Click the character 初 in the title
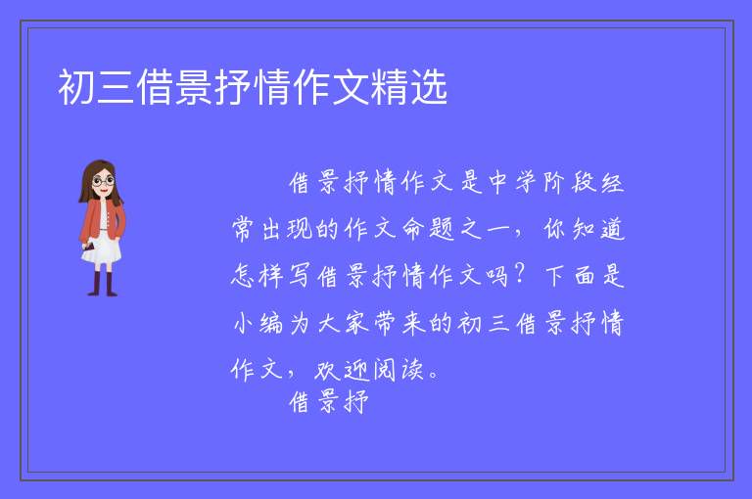pyautogui.click(x=76, y=87)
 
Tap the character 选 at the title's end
pyautogui.click(x=429, y=87)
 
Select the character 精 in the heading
pyautogui.click(x=390, y=87)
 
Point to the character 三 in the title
pyautogui.click(x=117, y=87)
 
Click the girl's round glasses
pyautogui.click(x=104, y=181)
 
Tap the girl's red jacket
pyautogui.click(x=102, y=219)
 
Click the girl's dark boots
pyautogui.click(x=103, y=284)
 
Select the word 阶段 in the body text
pyautogui.click(x=570, y=182)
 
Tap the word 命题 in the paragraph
pyautogui.click(x=428, y=229)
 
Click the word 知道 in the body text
pyautogui.click(x=599, y=229)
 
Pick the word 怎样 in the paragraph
pyautogui.click(x=258, y=276)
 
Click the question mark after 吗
pyautogui.click(x=519, y=275)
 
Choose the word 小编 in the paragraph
pyautogui.click(x=258, y=323)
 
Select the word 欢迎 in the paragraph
pyautogui.click(x=341, y=370)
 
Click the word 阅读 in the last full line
pyautogui.click(x=399, y=370)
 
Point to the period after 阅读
pyautogui.click(x=434, y=375)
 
